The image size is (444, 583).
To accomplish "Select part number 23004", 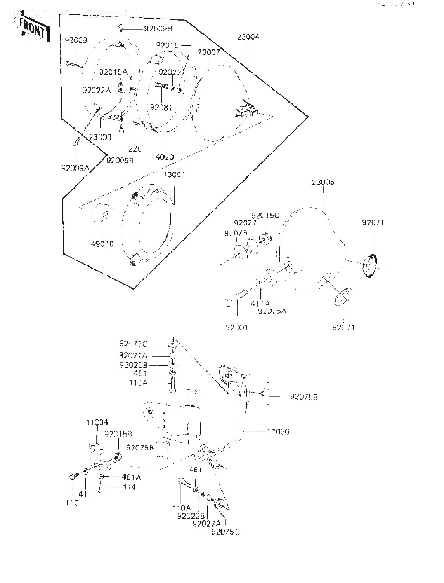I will [x=248, y=37].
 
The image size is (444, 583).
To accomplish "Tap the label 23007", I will [x=209, y=52].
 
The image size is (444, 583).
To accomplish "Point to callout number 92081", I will [x=161, y=107].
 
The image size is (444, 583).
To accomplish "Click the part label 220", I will [x=135, y=148].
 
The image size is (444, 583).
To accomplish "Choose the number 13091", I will [x=174, y=175].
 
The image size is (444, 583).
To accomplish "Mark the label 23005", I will [x=323, y=182].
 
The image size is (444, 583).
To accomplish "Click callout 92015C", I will [x=265, y=215].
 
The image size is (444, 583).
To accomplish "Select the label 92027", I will [x=245, y=223].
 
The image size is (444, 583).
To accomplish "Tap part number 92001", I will [x=236, y=327].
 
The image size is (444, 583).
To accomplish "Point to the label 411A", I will [x=260, y=303].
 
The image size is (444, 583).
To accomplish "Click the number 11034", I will [x=97, y=422].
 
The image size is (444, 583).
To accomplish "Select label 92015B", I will [x=118, y=434].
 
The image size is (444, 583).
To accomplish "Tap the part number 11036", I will [x=278, y=431].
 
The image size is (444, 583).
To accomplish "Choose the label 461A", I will [x=131, y=477].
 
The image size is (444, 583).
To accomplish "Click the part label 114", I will [x=129, y=487].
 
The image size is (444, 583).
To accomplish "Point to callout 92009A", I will [x=75, y=168].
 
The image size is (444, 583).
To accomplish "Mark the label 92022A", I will [x=96, y=90].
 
